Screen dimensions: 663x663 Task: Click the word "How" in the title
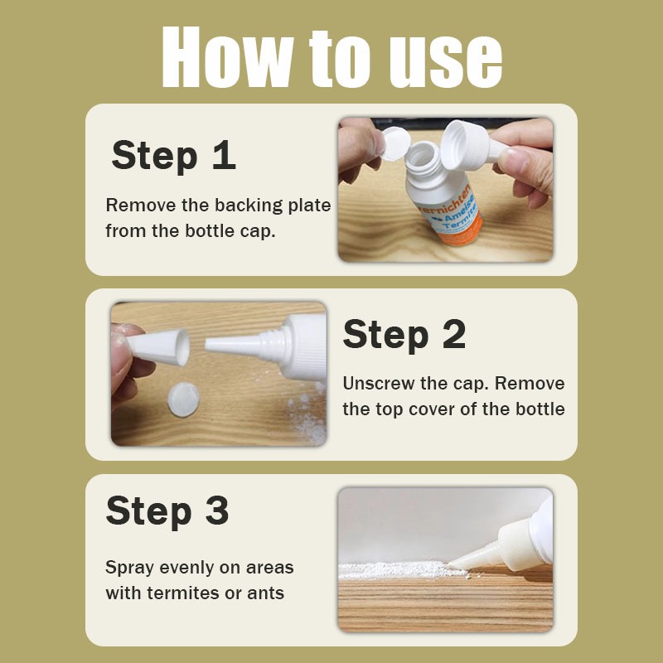pyautogui.click(x=227, y=57)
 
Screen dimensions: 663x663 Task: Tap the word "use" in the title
pyautogui.click(x=446, y=61)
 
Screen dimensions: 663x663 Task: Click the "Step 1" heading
pyautogui.click(x=173, y=156)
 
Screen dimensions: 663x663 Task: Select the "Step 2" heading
pyautogui.click(x=404, y=335)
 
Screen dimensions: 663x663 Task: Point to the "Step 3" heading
pyautogui.click(x=167, y=511)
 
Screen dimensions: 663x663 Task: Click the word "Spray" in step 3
pyautogui.click(x=129, y=569)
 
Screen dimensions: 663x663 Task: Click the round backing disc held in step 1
pyautogui.click(x=396, y=143)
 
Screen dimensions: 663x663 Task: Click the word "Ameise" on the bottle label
pyautogui.click(x=459, y=210)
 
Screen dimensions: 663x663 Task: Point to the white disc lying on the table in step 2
pyautogui.click(x=183, y=399)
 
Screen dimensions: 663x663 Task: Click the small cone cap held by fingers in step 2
pyautogui.click(x=158, y=346)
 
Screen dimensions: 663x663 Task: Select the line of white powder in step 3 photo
pyautogui.click(x=402, y=570)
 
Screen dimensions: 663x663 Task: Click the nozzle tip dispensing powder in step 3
pyautogui.click(x=451, y=564)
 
